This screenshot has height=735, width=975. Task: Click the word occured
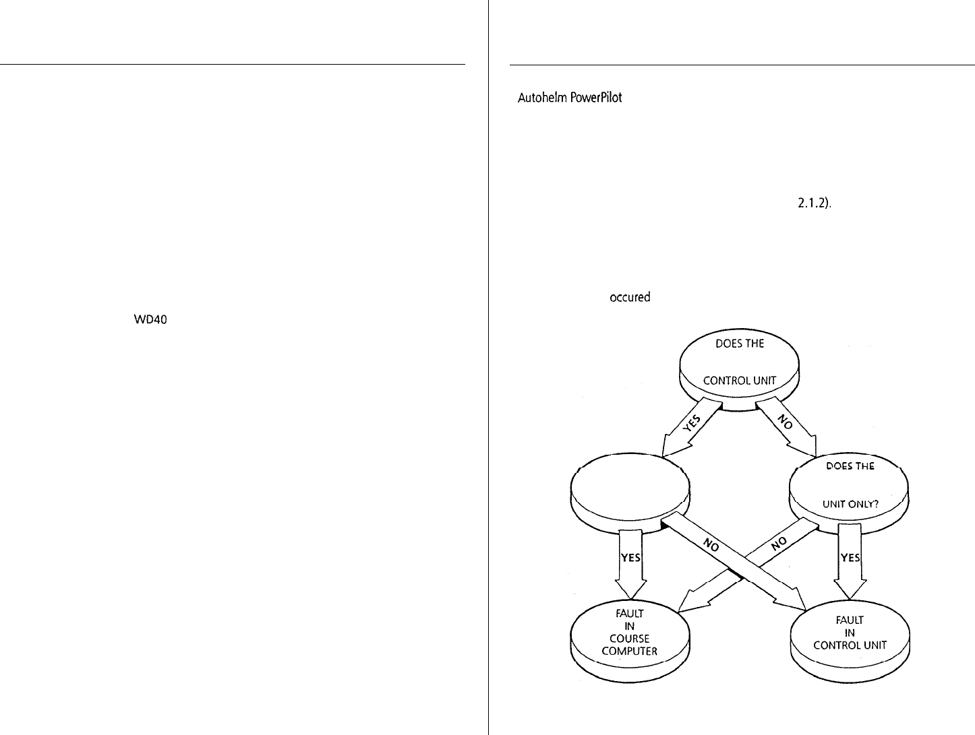[630, 297]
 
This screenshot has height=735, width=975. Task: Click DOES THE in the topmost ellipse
[740, 344]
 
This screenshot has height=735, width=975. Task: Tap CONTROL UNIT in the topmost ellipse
[738, 381]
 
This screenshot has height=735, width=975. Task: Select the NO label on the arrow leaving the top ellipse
[783, 423]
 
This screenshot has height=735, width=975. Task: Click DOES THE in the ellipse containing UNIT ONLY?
[850, 467]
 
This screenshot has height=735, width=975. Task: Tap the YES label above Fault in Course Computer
[630, 558]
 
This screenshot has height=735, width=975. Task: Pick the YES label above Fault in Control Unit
[850, 558]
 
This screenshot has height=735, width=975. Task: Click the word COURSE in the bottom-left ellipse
[630, 639]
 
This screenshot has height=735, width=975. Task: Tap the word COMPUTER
[630, 651]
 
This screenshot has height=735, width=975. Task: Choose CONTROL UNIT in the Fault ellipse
[850, 645]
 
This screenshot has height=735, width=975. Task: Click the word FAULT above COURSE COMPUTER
[630, 614]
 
